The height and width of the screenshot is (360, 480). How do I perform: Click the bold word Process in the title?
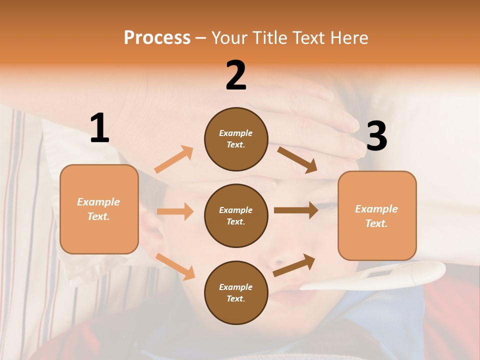157,38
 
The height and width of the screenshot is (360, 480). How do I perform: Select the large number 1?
99,128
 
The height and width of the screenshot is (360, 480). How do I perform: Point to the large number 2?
236,75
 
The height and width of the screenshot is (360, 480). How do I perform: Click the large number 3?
376,136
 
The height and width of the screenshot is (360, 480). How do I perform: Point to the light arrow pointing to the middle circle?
175,211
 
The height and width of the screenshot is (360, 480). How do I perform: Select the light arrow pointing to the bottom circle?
175,266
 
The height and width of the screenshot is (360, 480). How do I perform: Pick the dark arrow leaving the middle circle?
296,210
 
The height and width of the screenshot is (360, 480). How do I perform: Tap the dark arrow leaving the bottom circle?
294,265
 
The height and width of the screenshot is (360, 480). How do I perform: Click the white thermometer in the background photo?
380,277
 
